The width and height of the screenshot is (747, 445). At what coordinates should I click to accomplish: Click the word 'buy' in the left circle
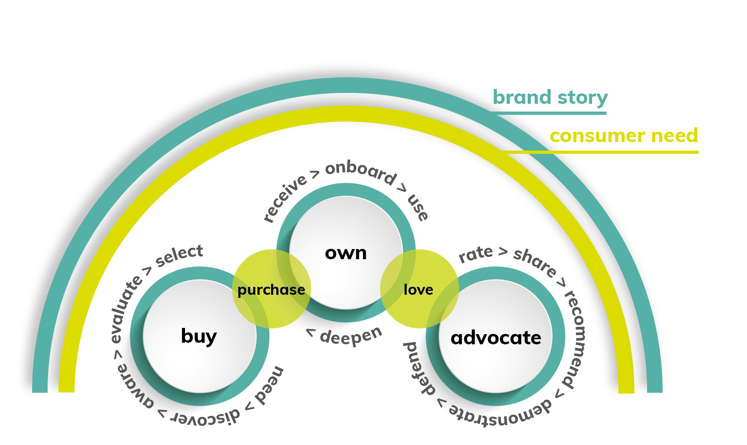point(199,336)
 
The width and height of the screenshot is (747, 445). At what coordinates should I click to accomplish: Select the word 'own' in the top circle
point(346,253)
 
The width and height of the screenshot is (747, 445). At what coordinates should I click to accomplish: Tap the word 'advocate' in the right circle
point(496,338)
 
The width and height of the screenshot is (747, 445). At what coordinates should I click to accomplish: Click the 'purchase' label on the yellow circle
point(271,290)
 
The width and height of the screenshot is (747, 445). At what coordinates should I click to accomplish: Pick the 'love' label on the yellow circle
point(418,290)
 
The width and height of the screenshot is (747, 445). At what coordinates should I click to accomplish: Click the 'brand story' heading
point(550,98)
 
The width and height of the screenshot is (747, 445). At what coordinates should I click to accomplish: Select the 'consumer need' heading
point(623,136)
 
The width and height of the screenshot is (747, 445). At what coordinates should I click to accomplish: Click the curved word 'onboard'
point(361,172)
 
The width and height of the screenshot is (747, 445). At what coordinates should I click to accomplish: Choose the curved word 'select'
point(180,255)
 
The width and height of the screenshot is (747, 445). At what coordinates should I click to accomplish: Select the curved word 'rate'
point(476,254)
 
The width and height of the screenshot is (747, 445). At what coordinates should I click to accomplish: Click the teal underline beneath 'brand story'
point(548,113)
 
